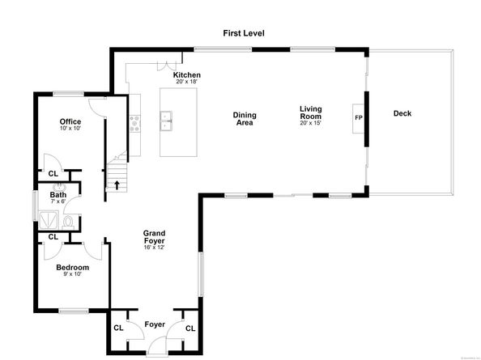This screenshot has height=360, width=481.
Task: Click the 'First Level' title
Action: (244, 33)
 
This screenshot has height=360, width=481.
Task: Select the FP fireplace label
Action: (359, 118)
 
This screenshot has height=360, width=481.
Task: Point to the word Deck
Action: (402, 113)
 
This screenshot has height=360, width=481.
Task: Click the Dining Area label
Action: (244, 118)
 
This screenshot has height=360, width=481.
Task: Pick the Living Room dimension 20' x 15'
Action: (311, 123)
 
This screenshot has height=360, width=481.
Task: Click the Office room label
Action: (70, 122)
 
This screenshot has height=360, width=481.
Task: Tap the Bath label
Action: (58, 195)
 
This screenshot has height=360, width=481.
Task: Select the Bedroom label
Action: (72, 267)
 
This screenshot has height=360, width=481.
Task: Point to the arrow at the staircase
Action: (117, 184)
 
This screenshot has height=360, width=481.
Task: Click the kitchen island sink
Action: (168, 123)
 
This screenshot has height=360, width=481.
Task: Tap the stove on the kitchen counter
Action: (134, 123)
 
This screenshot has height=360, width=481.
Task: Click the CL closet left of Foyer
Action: (118, 328)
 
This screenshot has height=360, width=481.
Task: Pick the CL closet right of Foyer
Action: (190, 328)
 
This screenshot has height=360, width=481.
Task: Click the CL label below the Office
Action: (53, 174)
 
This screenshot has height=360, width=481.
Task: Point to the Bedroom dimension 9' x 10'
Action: (72, 274)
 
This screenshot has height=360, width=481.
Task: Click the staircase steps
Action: (117, 172)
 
